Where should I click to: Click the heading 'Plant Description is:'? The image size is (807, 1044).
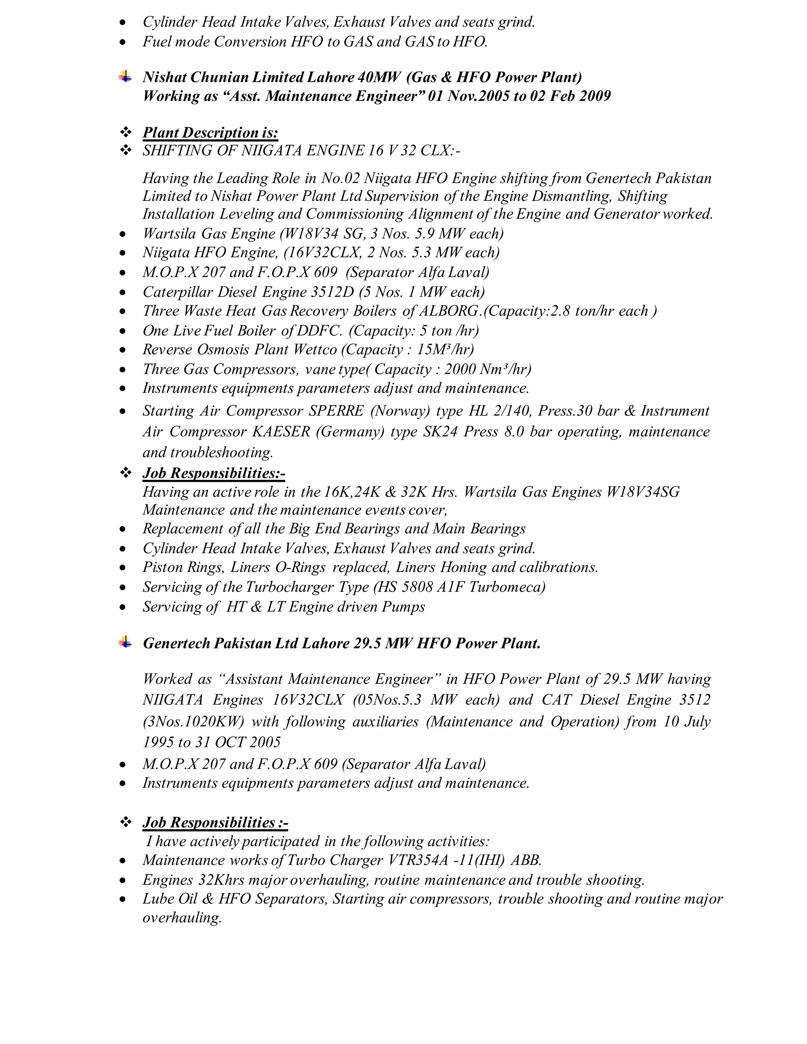coord(210,132)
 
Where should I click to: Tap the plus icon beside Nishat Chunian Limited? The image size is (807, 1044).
coord(125,76)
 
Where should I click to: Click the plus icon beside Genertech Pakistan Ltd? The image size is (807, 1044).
coord(125,643)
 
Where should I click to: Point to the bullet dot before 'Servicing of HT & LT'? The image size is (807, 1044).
coord(123,607)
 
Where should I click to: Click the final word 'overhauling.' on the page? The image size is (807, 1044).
coord(182,918)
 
